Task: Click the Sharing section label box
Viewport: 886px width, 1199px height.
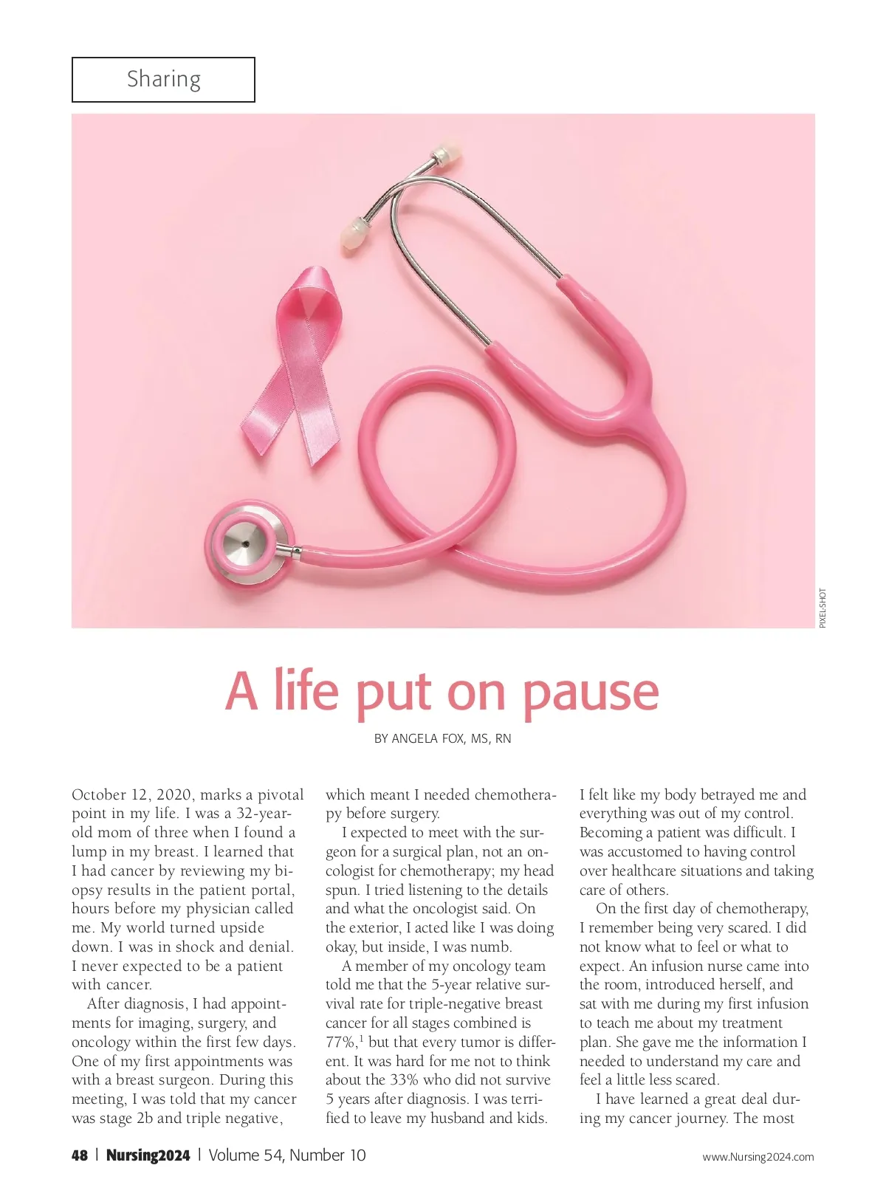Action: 163,79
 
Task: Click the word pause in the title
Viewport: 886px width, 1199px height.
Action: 590,693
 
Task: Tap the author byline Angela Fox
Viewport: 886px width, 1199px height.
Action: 442,738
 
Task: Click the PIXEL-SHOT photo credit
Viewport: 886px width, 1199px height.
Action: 823,608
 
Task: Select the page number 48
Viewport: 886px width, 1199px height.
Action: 80,1155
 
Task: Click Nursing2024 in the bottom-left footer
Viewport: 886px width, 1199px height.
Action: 148,1155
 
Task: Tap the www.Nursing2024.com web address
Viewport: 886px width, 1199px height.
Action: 758,1157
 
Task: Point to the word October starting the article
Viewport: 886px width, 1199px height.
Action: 98,795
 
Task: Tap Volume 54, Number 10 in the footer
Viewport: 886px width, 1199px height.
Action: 286,1155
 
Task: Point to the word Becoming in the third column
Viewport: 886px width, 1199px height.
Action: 611,833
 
